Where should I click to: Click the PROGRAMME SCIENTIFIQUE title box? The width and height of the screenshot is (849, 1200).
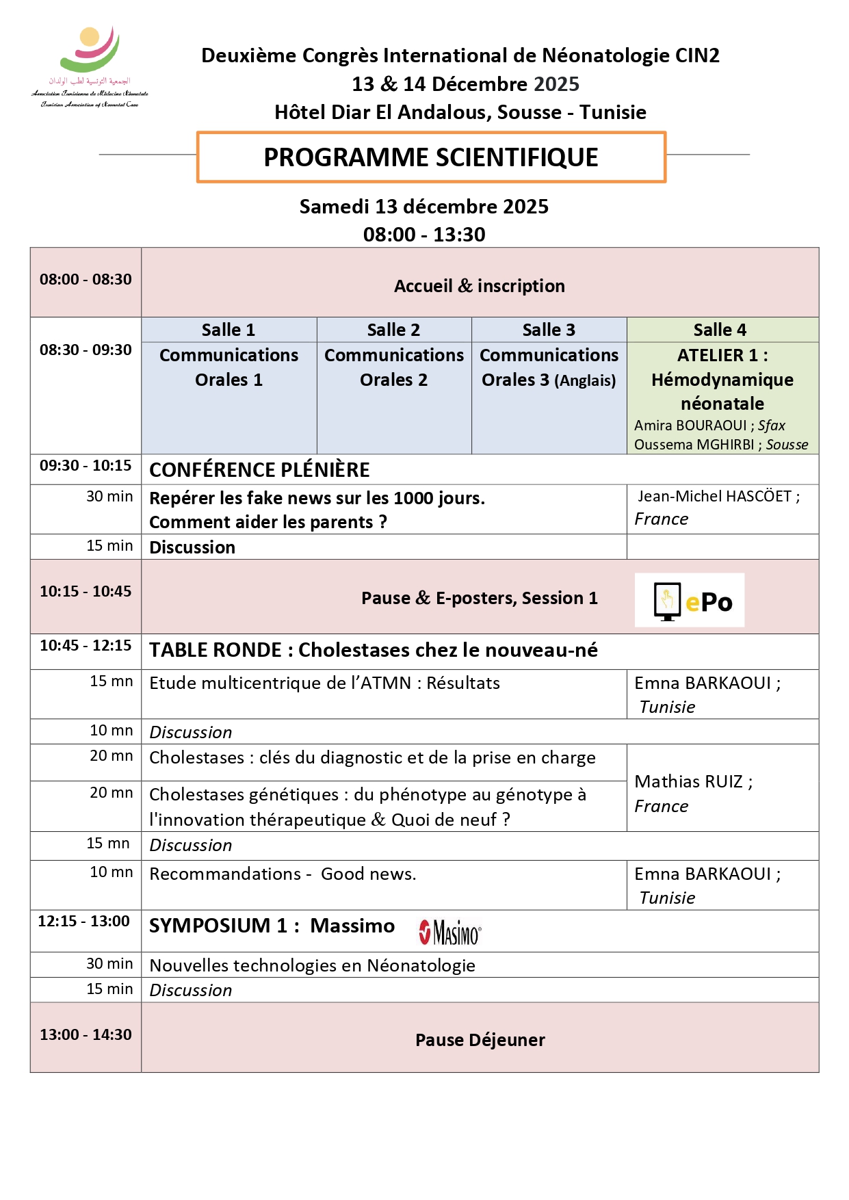click(x=431, y=157)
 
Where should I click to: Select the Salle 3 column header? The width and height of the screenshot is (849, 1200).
click(x=549, y=330)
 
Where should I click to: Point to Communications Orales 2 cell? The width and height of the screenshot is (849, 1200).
click(x=394, y=367)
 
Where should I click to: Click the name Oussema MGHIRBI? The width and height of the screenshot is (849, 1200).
click(x=694, y=445)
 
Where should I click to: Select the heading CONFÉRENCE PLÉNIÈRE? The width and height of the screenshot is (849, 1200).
click(x=259, y=470)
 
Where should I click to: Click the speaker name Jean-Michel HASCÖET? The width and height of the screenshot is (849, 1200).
click(x=714, y=497)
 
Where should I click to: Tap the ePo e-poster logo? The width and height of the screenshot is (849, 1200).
click(x=689, y=600)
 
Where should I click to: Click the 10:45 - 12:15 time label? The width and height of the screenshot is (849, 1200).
click(x=86, y=645)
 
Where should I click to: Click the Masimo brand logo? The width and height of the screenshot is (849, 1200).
click(x=450, y=932)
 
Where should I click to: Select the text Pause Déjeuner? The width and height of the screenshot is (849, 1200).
click(x=480, y=1040)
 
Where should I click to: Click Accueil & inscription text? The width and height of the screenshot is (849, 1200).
click(x=479, y=286)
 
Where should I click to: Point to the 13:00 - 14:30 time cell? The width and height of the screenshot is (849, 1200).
click(x=86, y=1034)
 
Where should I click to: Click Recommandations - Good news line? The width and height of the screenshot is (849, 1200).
click(x=283, y=874)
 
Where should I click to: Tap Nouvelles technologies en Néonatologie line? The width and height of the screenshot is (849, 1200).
click(x=312, y=965)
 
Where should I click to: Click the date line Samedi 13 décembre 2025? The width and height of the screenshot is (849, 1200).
click(x=423, y=207)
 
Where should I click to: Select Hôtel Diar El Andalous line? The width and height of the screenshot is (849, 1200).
click(x=460, y=112)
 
